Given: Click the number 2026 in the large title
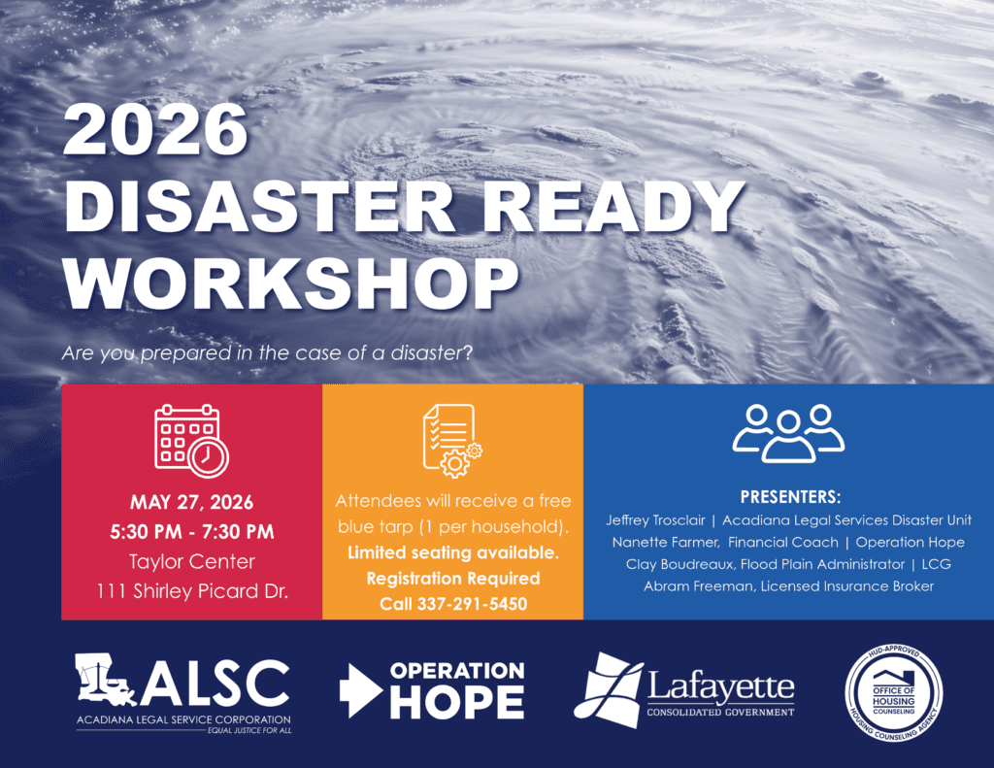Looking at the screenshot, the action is pos(155,129).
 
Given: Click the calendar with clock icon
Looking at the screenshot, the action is pos(191,441).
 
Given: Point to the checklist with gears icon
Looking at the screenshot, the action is pos(452,441).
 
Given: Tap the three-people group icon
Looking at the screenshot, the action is pos(788,433).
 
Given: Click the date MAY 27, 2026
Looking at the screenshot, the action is pos(191,502).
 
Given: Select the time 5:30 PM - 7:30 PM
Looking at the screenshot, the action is pos(191,531).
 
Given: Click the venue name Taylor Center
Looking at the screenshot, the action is pos(191,561).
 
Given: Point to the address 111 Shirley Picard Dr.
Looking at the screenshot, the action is pos(191,591).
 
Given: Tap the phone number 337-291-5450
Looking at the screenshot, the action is pos(472,604).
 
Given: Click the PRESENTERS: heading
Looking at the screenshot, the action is pos(790,496).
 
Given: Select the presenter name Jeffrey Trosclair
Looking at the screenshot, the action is pos(655,520).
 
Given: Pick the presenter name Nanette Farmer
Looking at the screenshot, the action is pos(665,542).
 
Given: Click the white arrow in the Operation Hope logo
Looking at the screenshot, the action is pos(360,690).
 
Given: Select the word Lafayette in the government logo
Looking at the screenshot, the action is pos(720,685).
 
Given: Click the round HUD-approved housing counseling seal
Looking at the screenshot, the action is pos(894,694).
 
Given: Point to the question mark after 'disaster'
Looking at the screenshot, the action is pos(468,352).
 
